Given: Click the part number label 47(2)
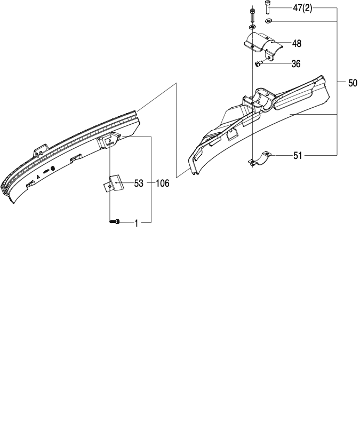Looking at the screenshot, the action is [302, 9].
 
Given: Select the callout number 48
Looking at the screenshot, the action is [297, 44].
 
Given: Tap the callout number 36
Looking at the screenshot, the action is [296, 64].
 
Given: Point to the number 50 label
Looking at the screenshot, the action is [353, 83].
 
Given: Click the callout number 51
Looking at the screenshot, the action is [298, 155].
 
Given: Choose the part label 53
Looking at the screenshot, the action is [139, 183].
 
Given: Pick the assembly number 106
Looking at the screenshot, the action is [163, 183].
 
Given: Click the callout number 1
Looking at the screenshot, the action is [137, 223].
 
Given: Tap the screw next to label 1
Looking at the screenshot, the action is [115, 222].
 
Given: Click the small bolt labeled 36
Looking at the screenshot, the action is [258, 63].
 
